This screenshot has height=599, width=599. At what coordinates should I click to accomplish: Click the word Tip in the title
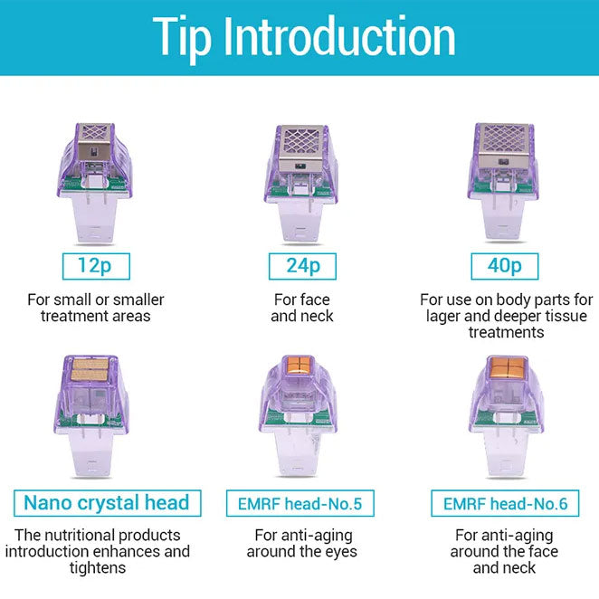point(182,38)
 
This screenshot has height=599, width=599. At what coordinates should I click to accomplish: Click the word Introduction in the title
point(339,36)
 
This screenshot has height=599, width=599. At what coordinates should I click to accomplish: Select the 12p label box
point(96,266)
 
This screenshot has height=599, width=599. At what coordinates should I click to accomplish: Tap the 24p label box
point(302,266)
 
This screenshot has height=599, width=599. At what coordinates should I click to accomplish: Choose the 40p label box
point(505,266)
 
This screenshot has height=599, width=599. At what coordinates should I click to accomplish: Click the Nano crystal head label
point(108,503)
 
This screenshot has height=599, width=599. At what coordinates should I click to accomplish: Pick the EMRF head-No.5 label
point(299,503)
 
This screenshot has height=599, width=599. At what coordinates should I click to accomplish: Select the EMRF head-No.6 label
point(505,503)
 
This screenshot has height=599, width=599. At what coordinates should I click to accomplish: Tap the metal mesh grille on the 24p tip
point(303,141)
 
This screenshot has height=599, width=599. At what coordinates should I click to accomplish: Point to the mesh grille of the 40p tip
point(504,138)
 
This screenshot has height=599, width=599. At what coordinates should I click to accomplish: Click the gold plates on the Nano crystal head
point(90,369)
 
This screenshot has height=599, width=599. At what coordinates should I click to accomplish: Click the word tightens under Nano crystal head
point(98,568)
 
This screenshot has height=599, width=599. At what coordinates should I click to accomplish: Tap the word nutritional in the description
point(72,535)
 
